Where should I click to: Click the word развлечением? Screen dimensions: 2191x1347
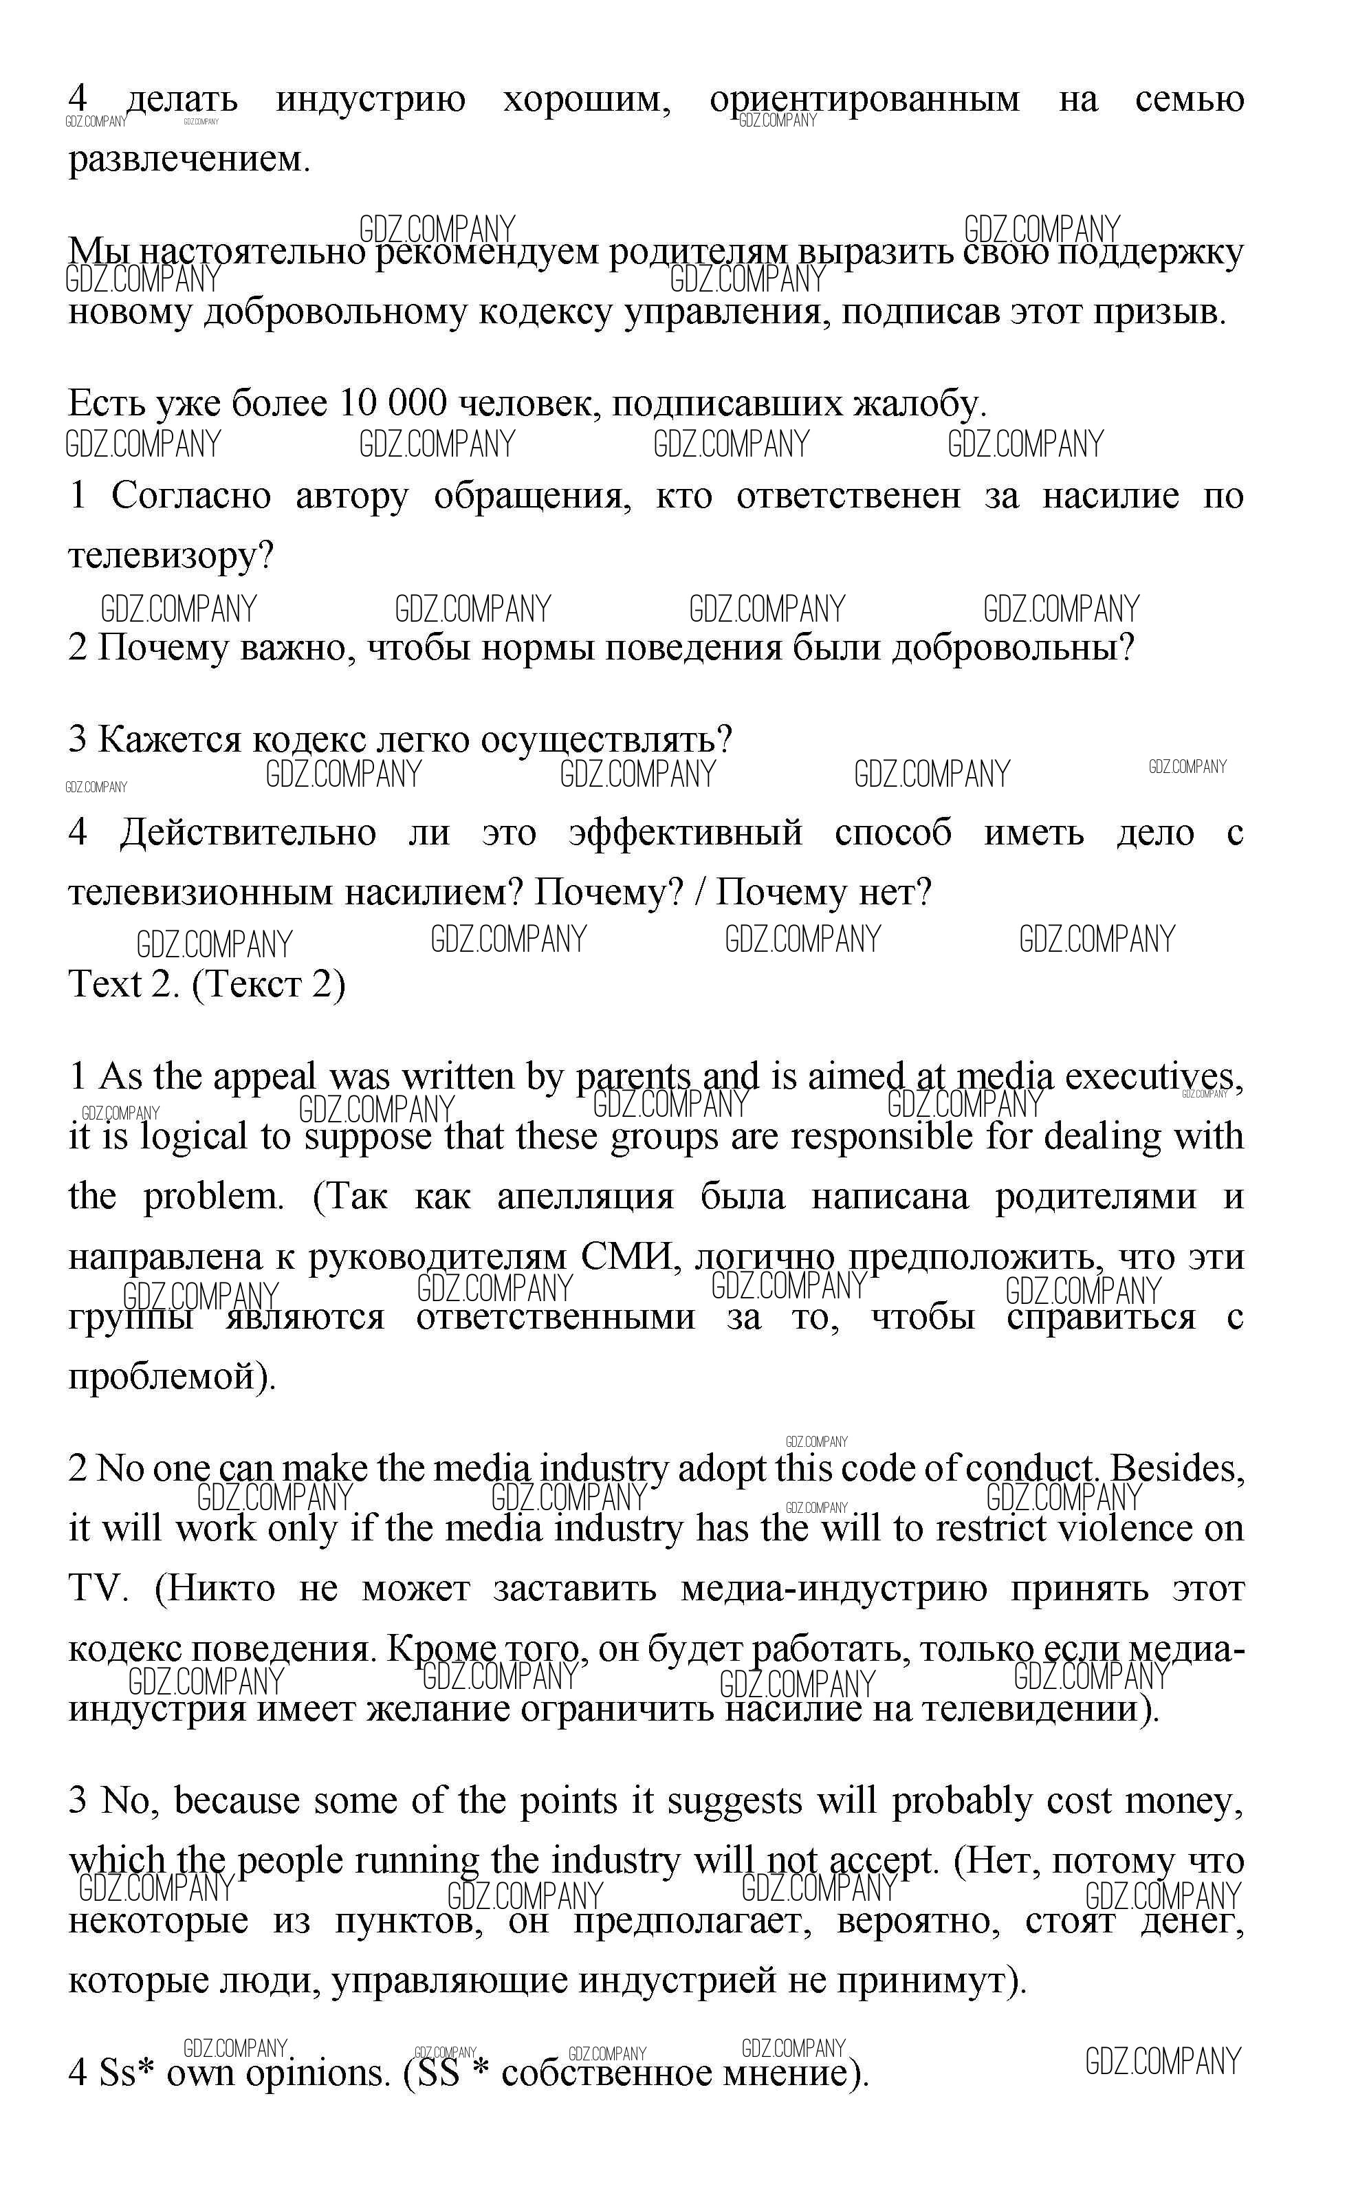click(x=189, y=160)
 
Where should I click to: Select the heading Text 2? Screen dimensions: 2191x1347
click(x=118, y=985)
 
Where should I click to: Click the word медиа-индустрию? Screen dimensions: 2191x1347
click(x=834, y=1589)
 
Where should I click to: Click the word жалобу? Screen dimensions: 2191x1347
click(x=919, y=404)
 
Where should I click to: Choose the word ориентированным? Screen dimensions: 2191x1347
click(x=864, y=100)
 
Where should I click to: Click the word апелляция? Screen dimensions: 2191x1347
click(x=585, y=1197)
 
